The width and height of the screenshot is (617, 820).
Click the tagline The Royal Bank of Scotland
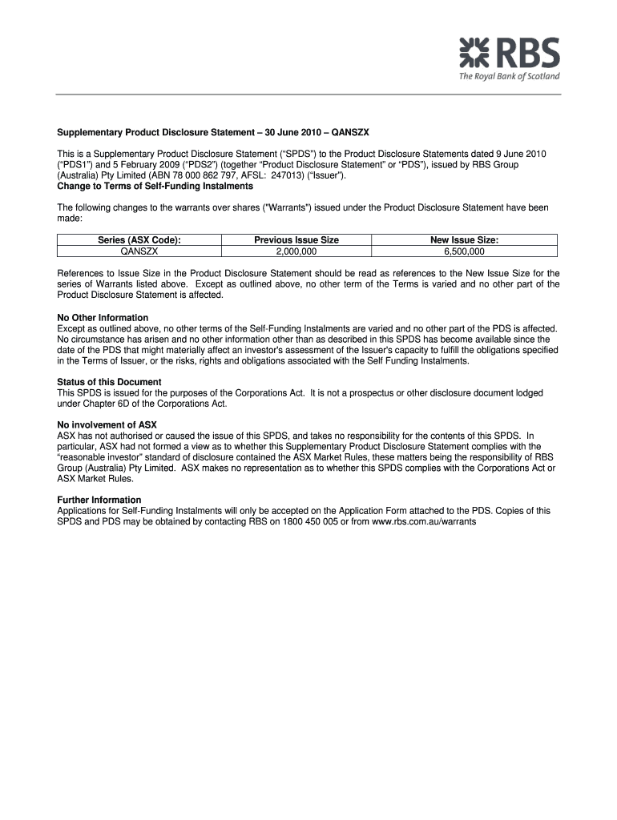(x=509, y=77)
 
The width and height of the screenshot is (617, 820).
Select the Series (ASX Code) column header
(x=139, y=239)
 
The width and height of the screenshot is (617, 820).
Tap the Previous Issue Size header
(x=296, y=239)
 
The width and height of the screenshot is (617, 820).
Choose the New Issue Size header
(x=465, y=239)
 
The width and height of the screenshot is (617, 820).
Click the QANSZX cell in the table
(x=139, y=251)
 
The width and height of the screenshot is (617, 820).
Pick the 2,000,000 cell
(x=296, y=251)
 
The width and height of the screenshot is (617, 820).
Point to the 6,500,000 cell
(x=465, y=251)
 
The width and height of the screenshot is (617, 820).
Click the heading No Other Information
(x=103, y=318)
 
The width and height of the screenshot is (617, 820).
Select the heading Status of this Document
(x=109, y=382)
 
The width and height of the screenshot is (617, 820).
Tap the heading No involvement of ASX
(x=107, y=424)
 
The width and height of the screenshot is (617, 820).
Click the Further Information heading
(x=99, y=500)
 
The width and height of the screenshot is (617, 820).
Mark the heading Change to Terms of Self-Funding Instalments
(x=155, y=186)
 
